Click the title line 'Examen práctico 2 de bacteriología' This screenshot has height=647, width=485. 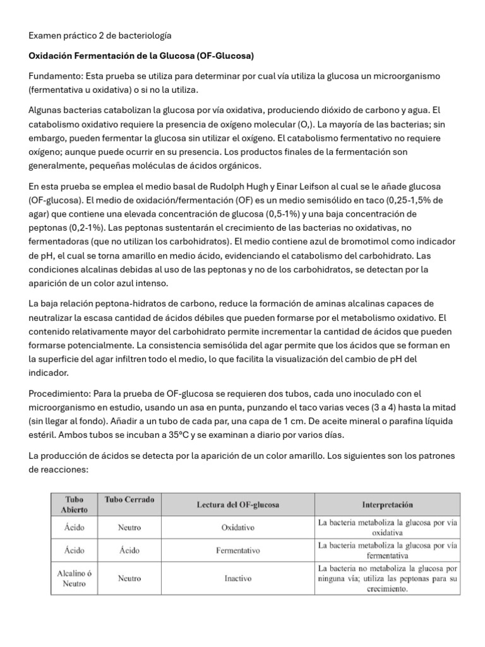pyautogui.click(x=100, y=36)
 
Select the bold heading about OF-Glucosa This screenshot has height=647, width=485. pyautogui.click(x=141, y=56)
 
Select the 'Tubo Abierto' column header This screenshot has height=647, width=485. pyautogui.click(x=75, y=505)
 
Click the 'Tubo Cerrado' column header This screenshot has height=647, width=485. pyautogui.click(x=129, y=500)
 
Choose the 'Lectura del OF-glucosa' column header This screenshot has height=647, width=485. pyautogui.click(x=237, y=505)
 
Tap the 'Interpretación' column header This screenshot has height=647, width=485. pyautogui.click(x=388, y=505)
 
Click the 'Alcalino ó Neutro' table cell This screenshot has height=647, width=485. pyautogui.click(x=75, y=578)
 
